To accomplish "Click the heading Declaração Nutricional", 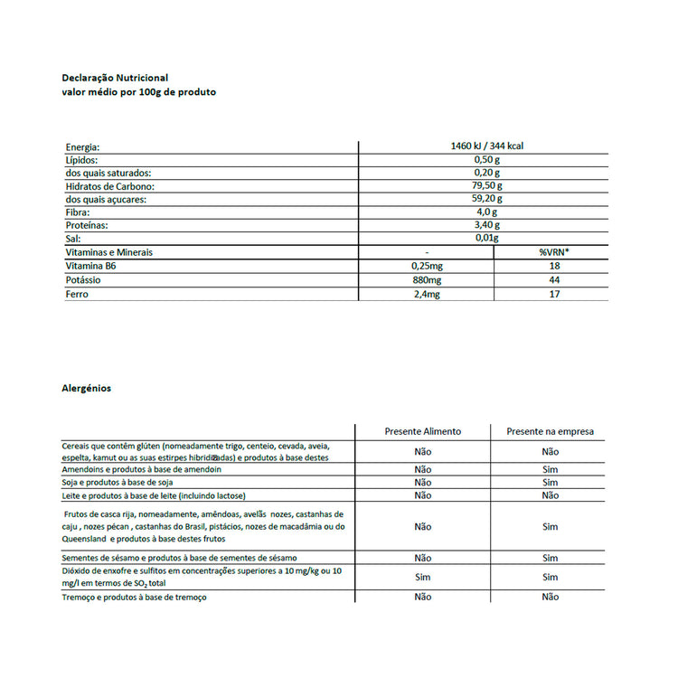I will [x=114, y=78].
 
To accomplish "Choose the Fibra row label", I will [x=78, y=212].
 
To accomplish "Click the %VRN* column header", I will [x=554, y=252].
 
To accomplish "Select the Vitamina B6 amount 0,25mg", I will [x=426, y=267].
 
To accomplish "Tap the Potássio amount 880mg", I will [x=426, y=280].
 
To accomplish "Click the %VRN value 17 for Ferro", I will [x=554, y=294].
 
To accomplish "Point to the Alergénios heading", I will [x=86, y=388].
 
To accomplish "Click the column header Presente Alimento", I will [x=422, y=431].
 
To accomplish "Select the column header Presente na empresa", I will [x=550, y=431].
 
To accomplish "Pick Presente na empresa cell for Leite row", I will [x=550, y=495].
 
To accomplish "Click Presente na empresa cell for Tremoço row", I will [x=550, y=597].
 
